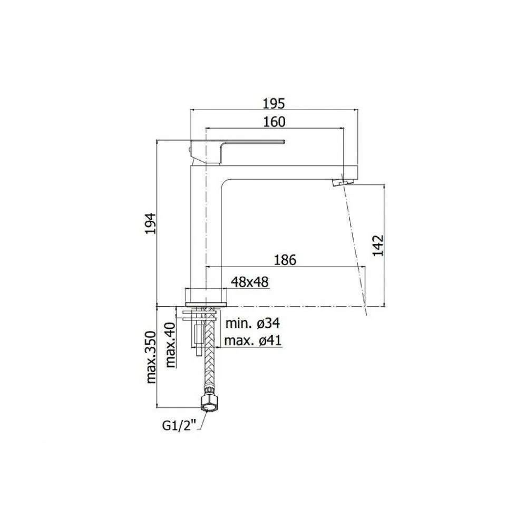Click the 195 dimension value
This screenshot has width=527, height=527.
274,103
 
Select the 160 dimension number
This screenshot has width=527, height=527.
274,122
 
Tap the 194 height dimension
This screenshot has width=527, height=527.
150,223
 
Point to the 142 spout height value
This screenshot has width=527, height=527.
378,246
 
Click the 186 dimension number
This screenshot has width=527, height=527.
285,260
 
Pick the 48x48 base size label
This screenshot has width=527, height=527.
250,282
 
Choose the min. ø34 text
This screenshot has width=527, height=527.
252,324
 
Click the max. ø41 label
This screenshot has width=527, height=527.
253,340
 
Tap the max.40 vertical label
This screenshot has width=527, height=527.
170,345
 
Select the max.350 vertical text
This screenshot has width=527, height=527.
151,357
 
